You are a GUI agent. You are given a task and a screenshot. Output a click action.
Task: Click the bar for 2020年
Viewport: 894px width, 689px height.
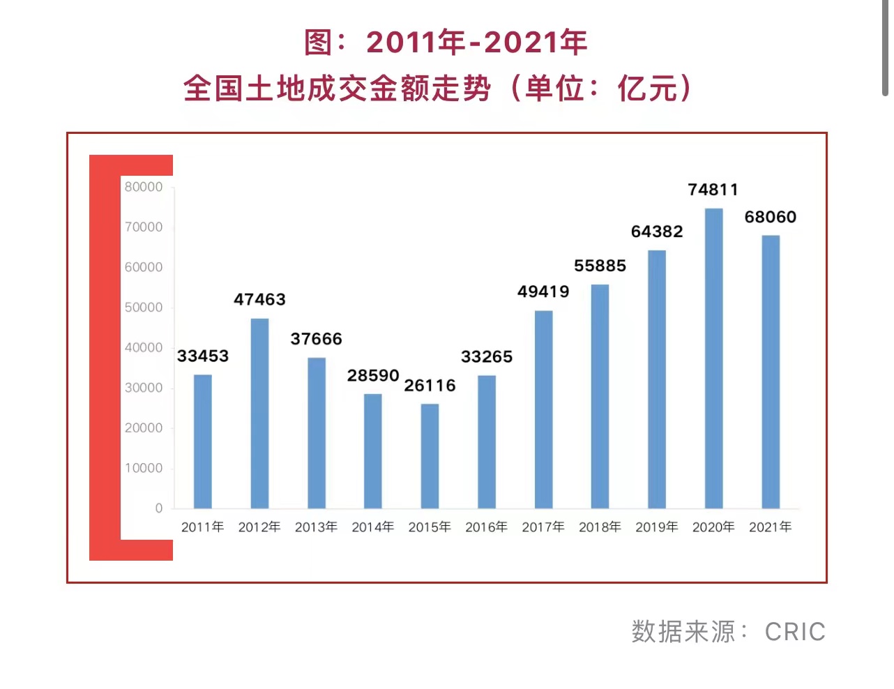pyautogui.click(x=713, y=358)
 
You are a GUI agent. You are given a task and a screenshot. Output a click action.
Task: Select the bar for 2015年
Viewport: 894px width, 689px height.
pyautogui.click(x=430, y=456)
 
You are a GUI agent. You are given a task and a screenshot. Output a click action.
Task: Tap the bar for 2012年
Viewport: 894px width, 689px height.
pyautogui.click(x=259, y=414)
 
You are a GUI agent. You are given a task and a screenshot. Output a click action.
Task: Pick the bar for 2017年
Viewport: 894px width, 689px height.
pyautogui.click(x=543, y=409)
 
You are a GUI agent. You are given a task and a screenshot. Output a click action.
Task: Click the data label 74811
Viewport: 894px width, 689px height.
pyautogui.click(x=713, y=190)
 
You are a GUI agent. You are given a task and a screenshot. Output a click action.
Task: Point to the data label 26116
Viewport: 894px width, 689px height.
pyautogui.click(x=430, y=386)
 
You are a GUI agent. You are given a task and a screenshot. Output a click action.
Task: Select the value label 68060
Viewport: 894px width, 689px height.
pyautogui.click(x=770, y=217)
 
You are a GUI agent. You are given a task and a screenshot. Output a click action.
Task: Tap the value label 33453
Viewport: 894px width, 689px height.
pyautogui.click(x=203, y=356)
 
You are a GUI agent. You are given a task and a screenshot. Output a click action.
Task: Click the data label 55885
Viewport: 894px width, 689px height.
pyautogui.click(x=600, y=266)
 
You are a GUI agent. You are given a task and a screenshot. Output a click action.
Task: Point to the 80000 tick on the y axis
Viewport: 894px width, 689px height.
pyautogui.click(x=144, y=187)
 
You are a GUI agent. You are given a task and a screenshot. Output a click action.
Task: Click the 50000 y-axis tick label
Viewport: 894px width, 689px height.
pyautogui.click(x=144, y=308)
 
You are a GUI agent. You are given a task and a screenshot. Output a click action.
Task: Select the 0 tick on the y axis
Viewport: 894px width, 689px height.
pyautogui.click(x=159, y=508)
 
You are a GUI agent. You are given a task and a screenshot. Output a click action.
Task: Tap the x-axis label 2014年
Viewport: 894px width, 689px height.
pyautogui.click(x=372, y=527)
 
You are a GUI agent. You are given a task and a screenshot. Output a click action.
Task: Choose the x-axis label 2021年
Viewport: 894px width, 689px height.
pyautogui.click(x=770, y=527)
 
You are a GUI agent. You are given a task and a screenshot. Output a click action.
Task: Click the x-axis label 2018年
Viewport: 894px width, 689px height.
pyautogui.click(x=600, y=527)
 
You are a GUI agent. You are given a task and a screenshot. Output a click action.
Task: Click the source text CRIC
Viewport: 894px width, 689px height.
pyautogui.click(x=795, y=632)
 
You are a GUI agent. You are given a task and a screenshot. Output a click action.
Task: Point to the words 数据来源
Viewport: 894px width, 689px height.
pyautogui.click(x=683, y=632)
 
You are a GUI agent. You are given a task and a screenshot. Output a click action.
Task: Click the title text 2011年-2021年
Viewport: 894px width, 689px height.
pyautogui.click(x=477, y=43)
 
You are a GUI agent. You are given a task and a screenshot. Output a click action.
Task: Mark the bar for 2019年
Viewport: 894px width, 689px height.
pyautogui.click(x=657, y=379)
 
